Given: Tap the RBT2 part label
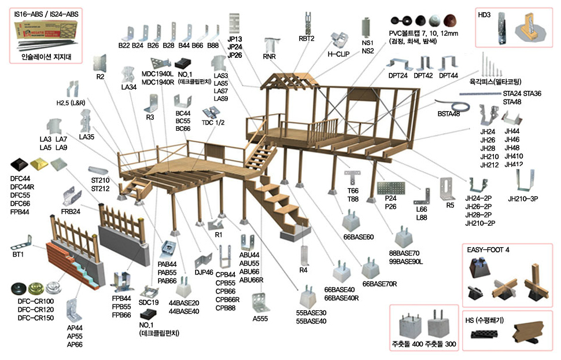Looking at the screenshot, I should [307, 39].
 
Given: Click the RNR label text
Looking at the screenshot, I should [270, 57].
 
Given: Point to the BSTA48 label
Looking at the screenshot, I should [449, 114].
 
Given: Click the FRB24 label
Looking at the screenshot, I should [71, 212].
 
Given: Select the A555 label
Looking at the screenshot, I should [261, 318].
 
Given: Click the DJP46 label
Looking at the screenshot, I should [204, 272].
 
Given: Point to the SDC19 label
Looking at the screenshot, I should [149, 302].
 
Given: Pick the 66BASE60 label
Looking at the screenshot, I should [359, 237].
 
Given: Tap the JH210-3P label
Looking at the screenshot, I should [523, 199].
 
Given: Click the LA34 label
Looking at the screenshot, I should [128, 87].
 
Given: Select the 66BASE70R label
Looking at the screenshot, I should [379, 284].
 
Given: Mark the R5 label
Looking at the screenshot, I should [450, 205].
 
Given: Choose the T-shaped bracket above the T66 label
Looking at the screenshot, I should [351, 175].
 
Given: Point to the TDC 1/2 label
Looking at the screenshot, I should [213, 123].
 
